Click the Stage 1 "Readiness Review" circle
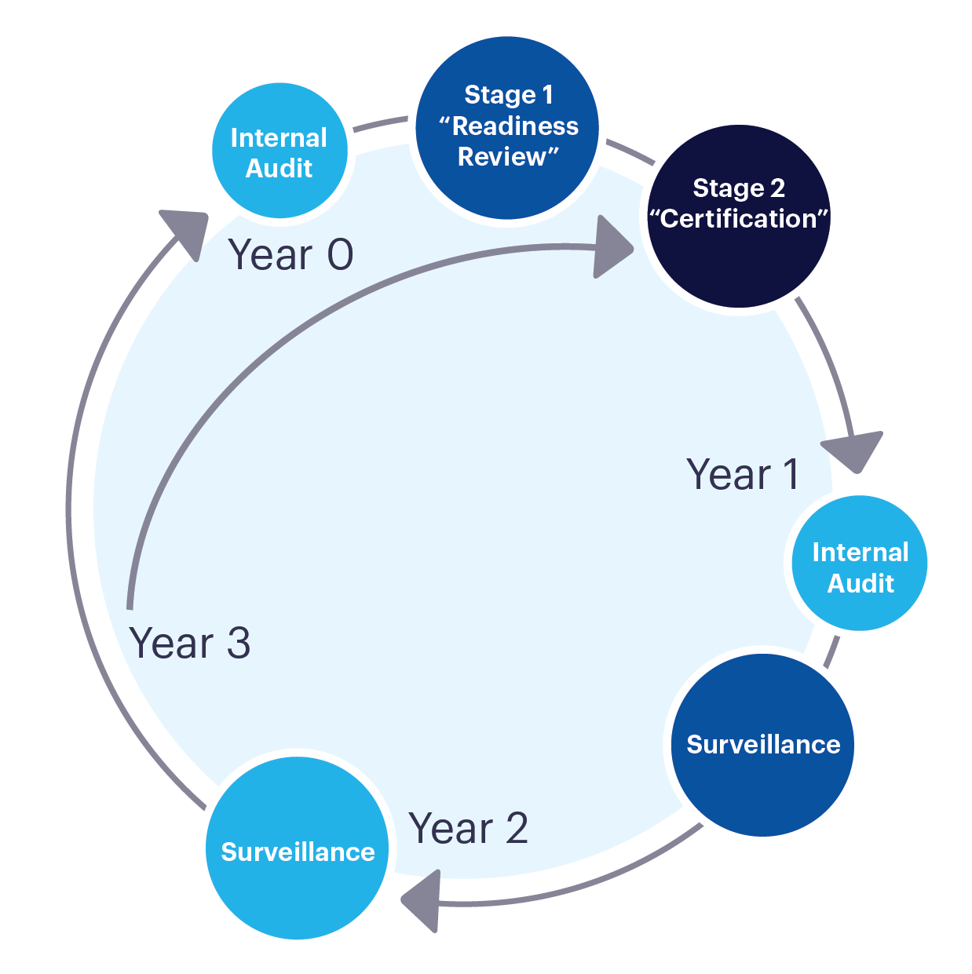click(507, 128)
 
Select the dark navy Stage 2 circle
click(738, 217)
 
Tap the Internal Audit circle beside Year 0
click(280, 151)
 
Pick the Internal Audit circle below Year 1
click(860, 563)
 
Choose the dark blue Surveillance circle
click(762, 744)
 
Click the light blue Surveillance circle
click(298, 848)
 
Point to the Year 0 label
click(291, 255)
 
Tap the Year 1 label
click(743, 475)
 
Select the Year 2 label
click(469, 829)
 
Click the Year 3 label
click(190, 644)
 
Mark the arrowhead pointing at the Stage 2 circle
click(612, 248)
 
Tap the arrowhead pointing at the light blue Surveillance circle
click(421, 899)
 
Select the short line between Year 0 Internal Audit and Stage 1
click(381, 125)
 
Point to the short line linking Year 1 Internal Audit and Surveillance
click(831, 651)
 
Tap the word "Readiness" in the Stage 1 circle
click(515, 126)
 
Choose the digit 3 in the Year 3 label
click(238, 644)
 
